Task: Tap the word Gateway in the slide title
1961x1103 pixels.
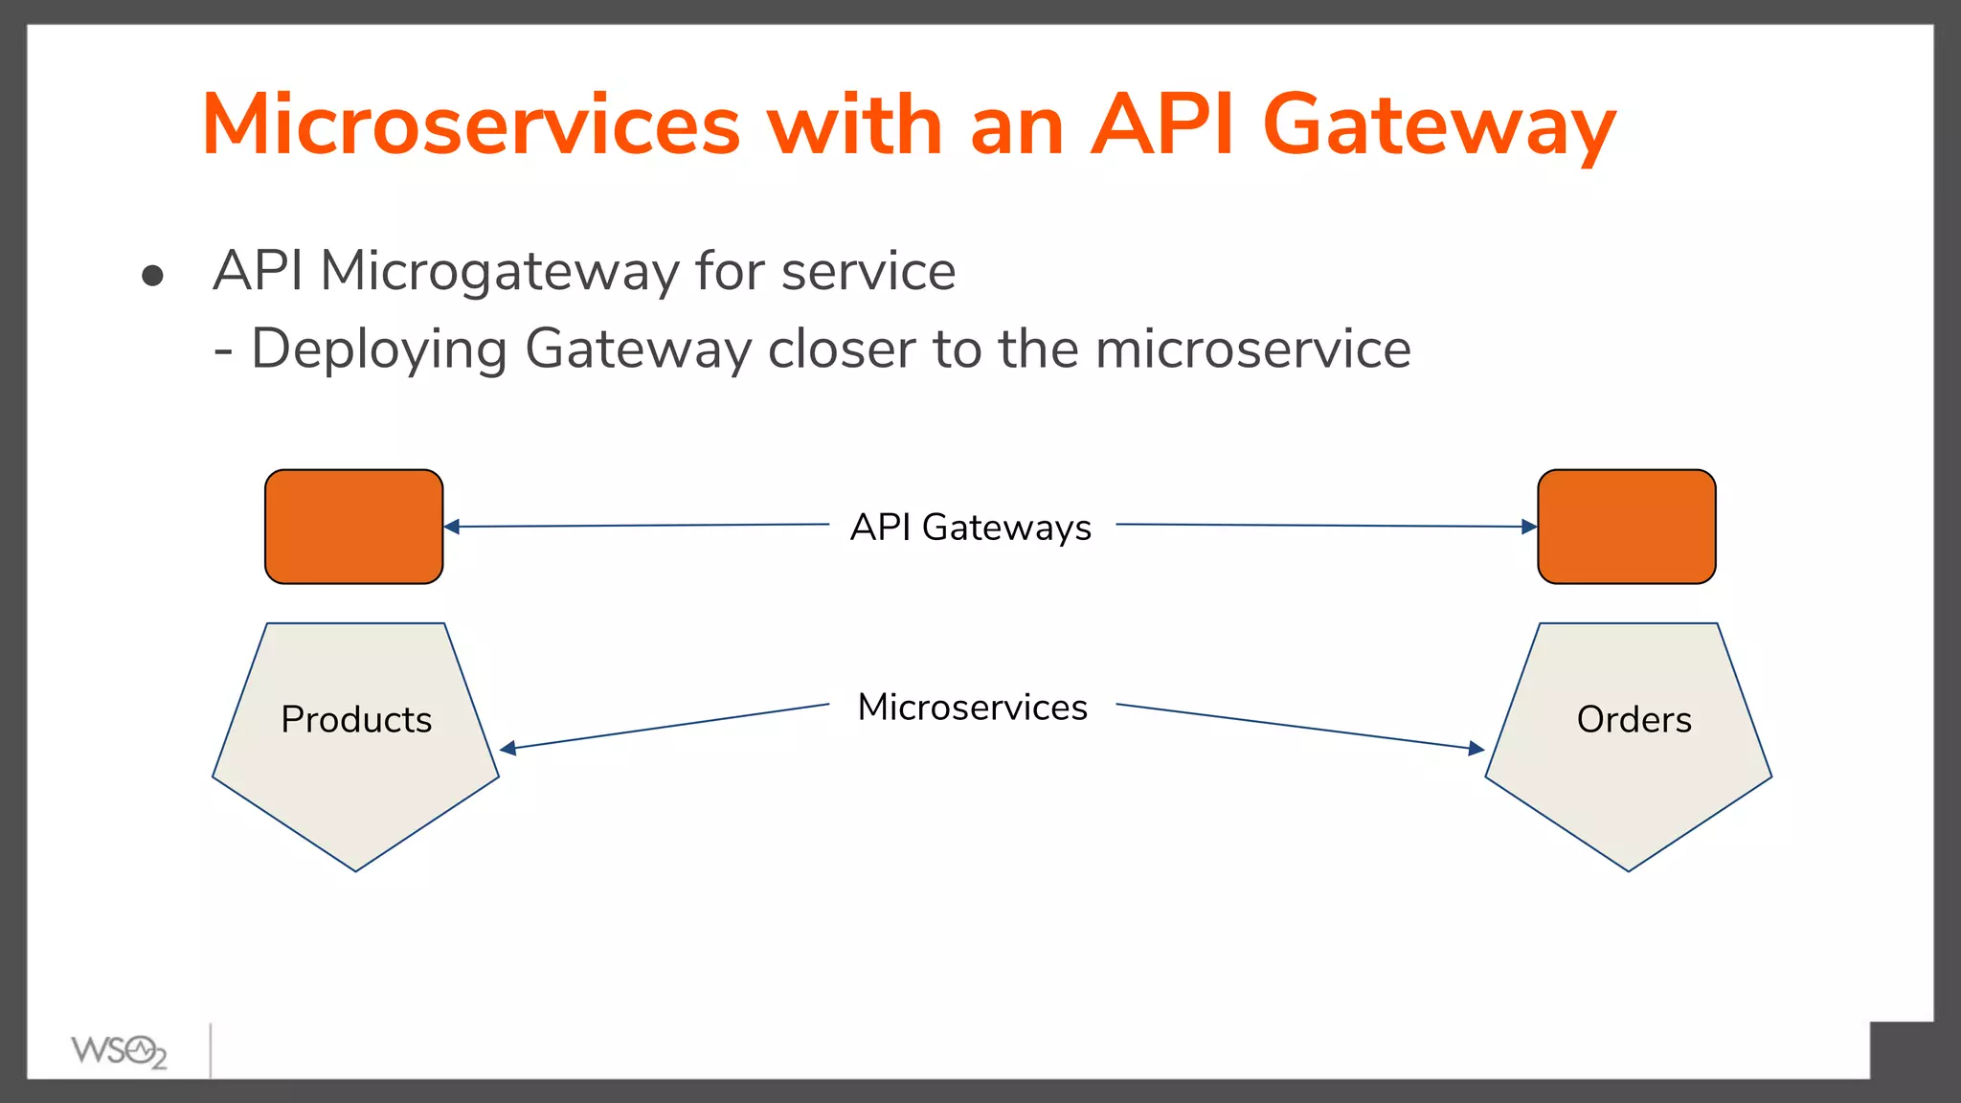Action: [1439, 126]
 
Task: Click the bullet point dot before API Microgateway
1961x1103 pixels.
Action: [152, 277]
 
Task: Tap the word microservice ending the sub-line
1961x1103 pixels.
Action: [1252, 349]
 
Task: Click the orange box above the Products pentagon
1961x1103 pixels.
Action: [353, 527]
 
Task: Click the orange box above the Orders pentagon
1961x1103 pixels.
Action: [1626, 527]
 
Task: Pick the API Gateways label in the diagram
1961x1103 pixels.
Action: [971, 528]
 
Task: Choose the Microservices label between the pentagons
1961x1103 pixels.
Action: [972, 708]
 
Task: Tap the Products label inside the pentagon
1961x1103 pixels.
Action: [356, 720]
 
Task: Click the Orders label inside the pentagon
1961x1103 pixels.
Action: [1634, 720]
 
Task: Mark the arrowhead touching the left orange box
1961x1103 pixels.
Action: [452, 527]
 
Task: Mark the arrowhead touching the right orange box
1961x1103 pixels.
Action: [1529, 527]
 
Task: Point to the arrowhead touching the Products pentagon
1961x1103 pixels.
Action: [508, 748]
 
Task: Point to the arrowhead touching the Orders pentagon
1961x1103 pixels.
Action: [1476, 749]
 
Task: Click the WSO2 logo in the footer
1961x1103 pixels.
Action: [119, 1051]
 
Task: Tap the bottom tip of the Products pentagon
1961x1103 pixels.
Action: [355, 868]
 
